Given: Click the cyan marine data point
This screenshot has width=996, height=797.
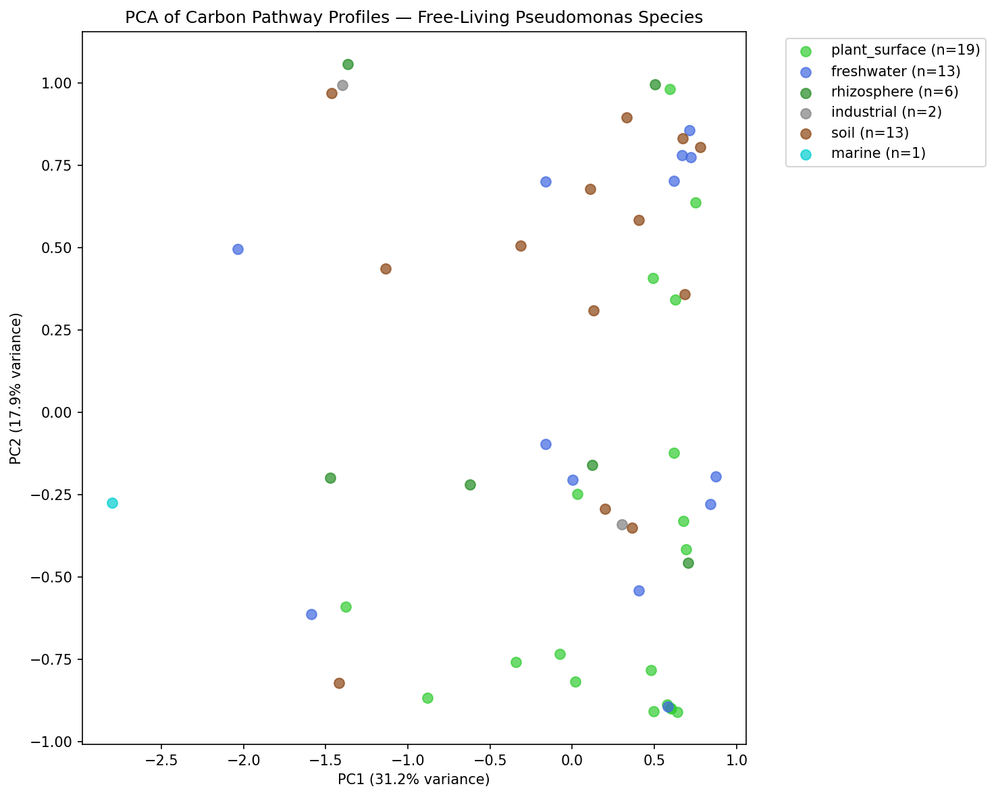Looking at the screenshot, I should pyautogui.click(x=112, y=503).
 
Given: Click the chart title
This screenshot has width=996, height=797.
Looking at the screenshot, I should pyautogui.click(x=414, y=18).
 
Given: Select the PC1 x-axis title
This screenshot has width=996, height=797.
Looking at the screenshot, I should pyautogui.click(x=413, y=779).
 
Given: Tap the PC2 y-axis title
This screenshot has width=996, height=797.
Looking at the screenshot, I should pyautogui.click(x=16, y=388).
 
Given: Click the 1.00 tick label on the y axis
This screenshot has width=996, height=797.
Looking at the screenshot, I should pyautogui.click(x=60, y=83).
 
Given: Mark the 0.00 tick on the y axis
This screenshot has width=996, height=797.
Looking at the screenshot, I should pyautogui.click(x=60, y=412).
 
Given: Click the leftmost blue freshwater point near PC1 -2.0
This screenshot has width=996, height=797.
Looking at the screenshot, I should pyautogui.click(x=238, y=249).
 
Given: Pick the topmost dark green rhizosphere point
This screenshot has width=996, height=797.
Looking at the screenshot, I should pyautogui.click(x=348, y=64).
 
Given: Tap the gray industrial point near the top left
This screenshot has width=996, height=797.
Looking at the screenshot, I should pyautogui.click(x=342, y=85).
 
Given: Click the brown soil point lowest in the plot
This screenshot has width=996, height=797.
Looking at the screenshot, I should pyautogui.click(x=339, y=683).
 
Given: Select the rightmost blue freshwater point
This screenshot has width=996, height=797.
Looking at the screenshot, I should pyautogui.click(x=716, y=476).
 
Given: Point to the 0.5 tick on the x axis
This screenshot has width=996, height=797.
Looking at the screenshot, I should pyautogui.click(x=654, y=761).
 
